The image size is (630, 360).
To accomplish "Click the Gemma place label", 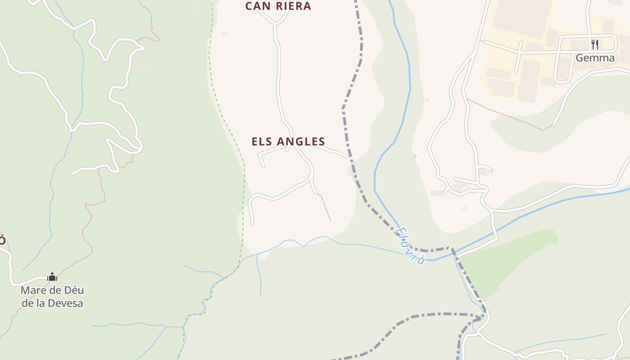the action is [x=595, y=58].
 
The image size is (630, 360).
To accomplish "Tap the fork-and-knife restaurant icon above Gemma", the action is [x=595, y=44].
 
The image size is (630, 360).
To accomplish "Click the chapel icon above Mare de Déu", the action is [x=52, y=277].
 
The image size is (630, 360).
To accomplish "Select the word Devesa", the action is [x=65, y=303].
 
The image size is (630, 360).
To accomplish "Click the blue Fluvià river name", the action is [x=410, y=245].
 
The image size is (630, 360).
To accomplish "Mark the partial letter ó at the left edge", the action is [x=2, y=239].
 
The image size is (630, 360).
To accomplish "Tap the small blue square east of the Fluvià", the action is [x=414, y=156].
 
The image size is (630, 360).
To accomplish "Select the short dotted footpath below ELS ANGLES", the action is [x=325, y=207].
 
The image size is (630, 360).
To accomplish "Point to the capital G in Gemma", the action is [x=580, y=58].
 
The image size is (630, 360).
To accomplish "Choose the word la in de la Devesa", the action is [x=40, y=303].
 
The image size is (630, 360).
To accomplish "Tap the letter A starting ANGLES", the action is [x=281, y=141].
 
